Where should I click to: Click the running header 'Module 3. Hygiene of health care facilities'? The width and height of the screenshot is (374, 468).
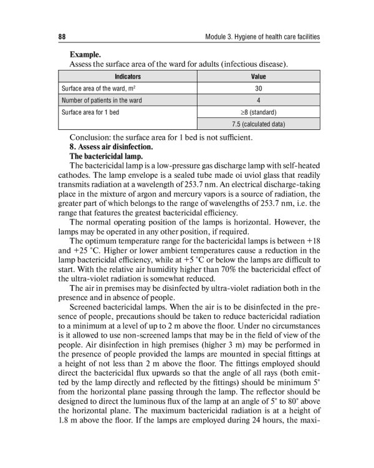coord(262,37)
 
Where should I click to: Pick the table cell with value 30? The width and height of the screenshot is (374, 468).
coord(258,89)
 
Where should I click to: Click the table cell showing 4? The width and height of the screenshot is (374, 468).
coord(258,100)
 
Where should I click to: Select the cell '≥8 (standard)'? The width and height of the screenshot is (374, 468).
coord(258,112)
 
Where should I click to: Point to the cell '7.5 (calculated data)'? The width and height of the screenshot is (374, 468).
coord(258,124)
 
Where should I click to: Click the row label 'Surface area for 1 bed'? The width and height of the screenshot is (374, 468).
coord(91,112)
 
